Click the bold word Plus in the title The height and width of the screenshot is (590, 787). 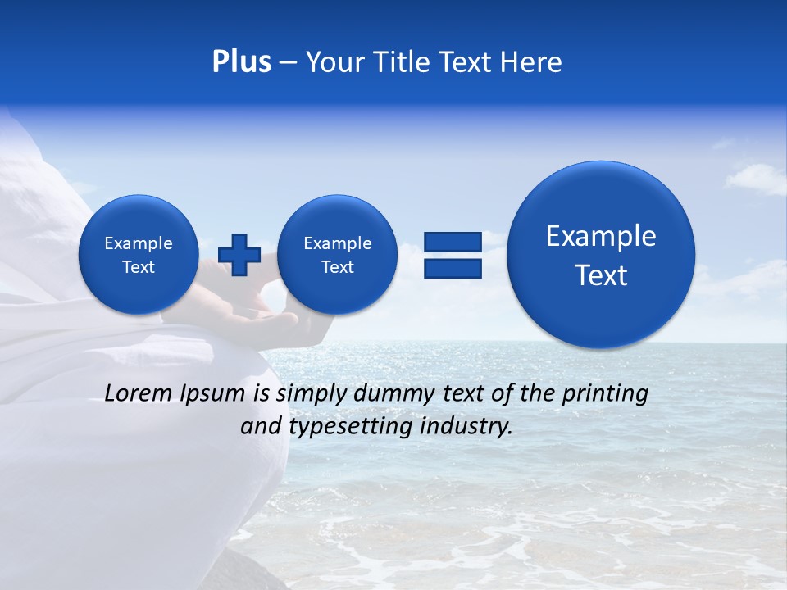pos(241,62)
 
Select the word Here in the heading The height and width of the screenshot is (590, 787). pos(533,62)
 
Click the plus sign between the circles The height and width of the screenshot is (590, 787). pos(239,254)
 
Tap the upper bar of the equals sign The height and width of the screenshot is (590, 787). pos(453,242)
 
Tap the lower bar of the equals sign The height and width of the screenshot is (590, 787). pos(453,269)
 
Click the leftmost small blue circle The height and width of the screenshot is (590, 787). pos(138,254)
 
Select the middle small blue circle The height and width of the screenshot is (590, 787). pos(337,254)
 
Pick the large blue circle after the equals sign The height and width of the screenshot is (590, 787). pos(601,255)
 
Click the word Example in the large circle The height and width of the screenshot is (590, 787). pos(601,236)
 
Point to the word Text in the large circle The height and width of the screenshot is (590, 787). pos(601,275)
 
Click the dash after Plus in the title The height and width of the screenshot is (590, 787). pos(287,62)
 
